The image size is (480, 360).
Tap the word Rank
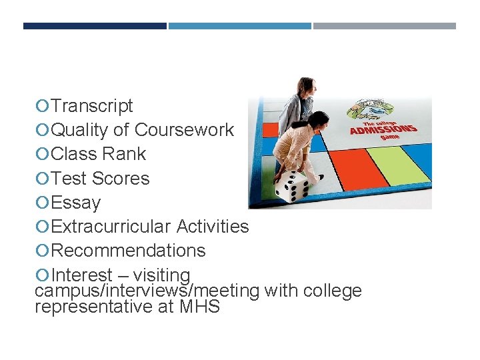tap(124, 154)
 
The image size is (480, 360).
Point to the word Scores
tap(121, 179)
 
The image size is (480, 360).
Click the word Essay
tap(76, 203)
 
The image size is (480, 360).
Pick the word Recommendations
tap(128, 251)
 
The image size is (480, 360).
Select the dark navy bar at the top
tap(95, 26)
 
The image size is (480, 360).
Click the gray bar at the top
tap(385, 26)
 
